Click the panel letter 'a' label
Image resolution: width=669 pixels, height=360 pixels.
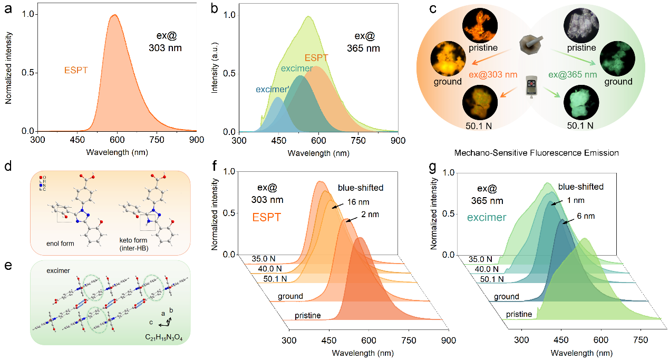tap(9, 9)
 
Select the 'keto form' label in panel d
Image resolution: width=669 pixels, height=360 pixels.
tap(134, 240)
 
